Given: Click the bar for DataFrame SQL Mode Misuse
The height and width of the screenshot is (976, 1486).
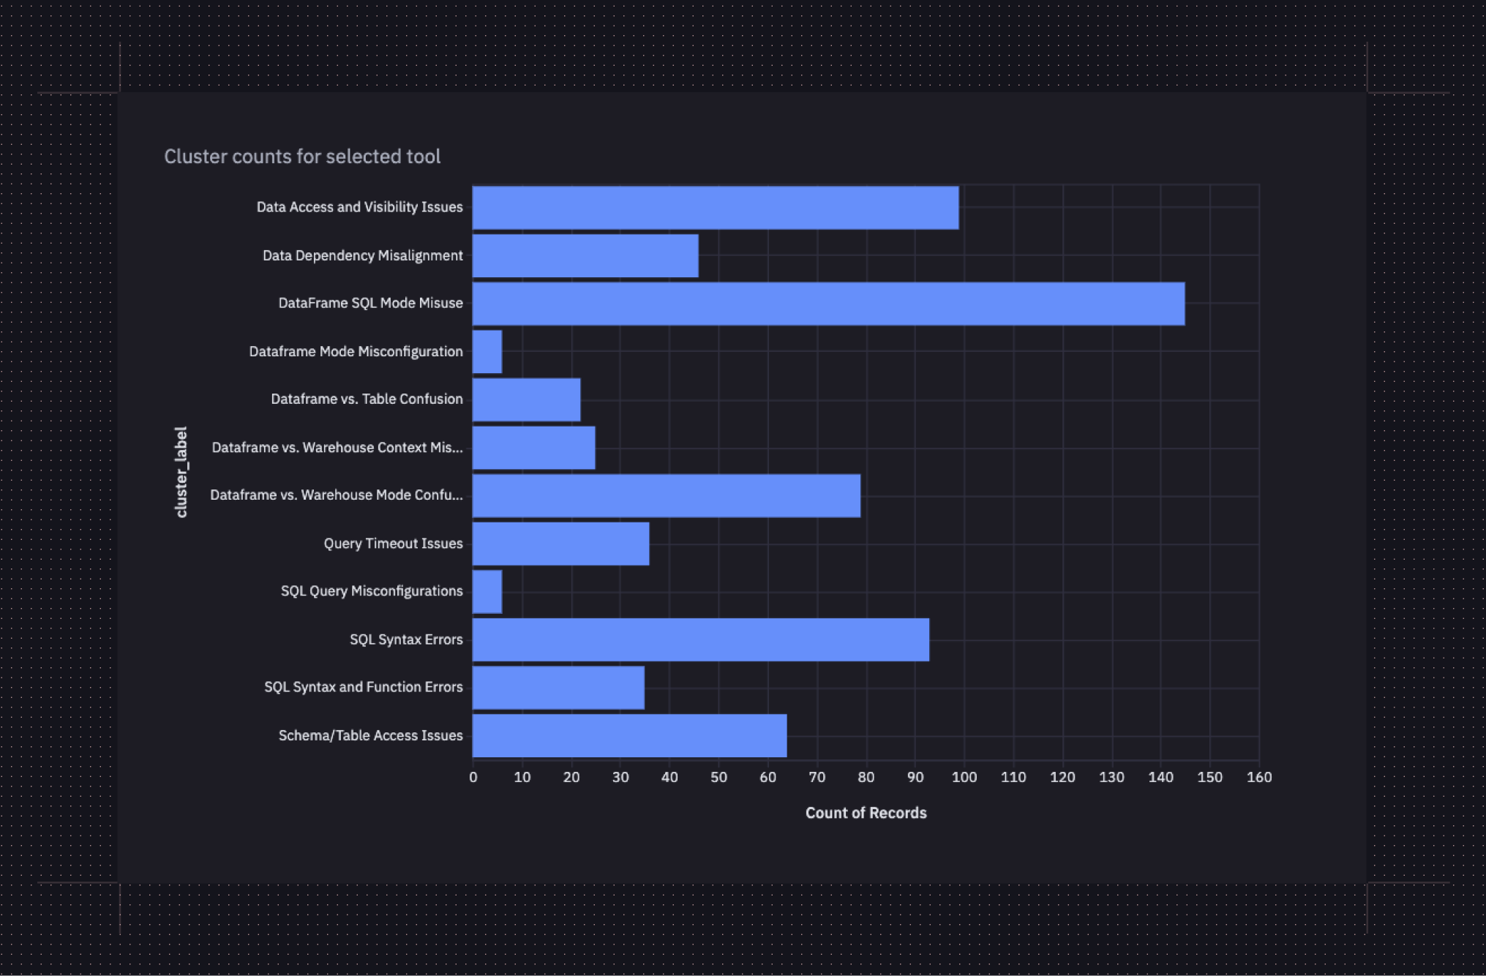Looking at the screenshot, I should pyautogui.click(x=828, y=304).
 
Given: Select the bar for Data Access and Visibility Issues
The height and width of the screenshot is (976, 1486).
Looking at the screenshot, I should pyautogui.click(x=716, y=208).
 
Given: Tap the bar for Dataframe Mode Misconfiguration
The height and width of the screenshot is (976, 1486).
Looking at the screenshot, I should pyautogui.click(x=487, y=352).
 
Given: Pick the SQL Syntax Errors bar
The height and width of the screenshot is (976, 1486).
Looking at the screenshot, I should pyautogui.click(x=701, y=639).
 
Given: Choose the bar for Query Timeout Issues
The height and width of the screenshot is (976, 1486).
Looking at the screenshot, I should pyautogui.click(x=560, y=544).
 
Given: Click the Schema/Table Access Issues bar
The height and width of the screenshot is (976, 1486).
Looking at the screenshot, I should pyautogui.click(x=629, y=736).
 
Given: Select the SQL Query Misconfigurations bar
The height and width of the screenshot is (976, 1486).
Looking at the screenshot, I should pyautogui.click(x=487, y=592).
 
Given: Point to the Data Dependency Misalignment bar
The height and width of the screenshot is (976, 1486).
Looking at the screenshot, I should pyautogui.click(x=585, y=256).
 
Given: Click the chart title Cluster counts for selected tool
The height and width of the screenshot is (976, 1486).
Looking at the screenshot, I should pyautogui.click(x=302, y=157).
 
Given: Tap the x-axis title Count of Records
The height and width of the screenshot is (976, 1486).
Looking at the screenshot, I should pyautogui.click(x=866, y=813).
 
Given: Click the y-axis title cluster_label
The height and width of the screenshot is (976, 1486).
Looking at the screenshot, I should pyautogui.click(x=181, y=472).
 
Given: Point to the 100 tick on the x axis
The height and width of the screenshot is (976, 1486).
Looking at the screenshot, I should pyautogui.click(x=964, y=777).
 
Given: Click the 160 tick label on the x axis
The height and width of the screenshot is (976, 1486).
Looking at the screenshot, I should pyautogui.click(x=1258, y=777).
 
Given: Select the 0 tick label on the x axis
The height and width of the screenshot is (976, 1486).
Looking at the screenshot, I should pyautogui.click(x=473, y=777).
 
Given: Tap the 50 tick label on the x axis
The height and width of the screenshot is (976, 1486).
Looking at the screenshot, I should pyautogui.click(x=718, y=777).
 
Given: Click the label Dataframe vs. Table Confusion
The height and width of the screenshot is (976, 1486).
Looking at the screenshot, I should pyautogui.click(x=367, y=399).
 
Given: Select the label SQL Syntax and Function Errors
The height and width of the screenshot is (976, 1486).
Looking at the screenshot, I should pyautogui.click(x=363, y=687).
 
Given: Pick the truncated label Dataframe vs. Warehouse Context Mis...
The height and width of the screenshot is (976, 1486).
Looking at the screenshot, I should pyautogui.click(x=337, y=448).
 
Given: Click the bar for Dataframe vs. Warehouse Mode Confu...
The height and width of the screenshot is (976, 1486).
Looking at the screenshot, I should pyautogui.click(x=667, y=496).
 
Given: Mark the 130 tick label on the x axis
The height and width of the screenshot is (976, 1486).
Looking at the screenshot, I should pyautogui.click(x=1111, y=777).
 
